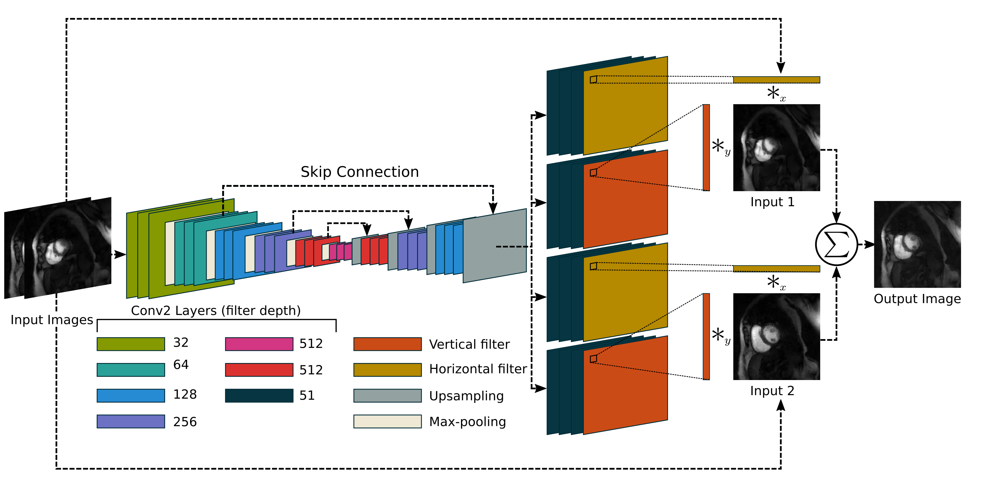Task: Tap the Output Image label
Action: coord(917,299)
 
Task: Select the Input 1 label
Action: coord(772,202)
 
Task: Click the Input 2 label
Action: coord(772,391)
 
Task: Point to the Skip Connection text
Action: coord(359,172)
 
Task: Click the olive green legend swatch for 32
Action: coord(130,344)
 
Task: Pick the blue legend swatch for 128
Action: coord(130,395)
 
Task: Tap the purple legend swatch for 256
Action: coord(130,421)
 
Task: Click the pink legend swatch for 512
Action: coord(259,344)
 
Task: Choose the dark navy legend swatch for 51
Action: coord(259,395)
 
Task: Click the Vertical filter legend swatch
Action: coord(387,344)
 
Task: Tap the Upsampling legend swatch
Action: coord(387,395)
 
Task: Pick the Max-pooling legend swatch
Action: coord(387,421)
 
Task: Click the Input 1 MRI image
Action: coord(776,148)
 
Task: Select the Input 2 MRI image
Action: coord(776,336)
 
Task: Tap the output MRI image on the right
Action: coord(917,245)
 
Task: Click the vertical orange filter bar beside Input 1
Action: coord(706,148)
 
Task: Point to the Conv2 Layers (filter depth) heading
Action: coord(216,311)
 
